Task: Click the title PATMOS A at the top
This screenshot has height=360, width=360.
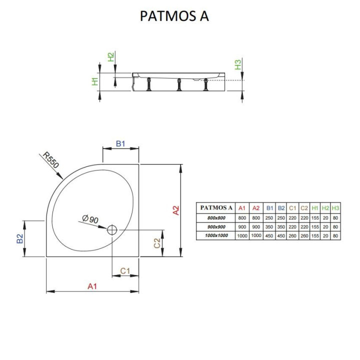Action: tap(174, 16)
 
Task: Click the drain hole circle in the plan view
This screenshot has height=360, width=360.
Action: tap(112, 229)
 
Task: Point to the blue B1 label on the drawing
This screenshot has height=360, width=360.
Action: tap(120, 144)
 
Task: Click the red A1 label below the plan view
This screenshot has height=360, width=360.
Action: tap(92, 286)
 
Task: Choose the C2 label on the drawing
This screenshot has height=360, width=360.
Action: tap(157, 243)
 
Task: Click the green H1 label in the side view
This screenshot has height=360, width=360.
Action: tap(95, 80)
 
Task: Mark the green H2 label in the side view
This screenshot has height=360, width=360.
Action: tap(111, 57)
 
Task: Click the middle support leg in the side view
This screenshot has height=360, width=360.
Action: tap(178, 84)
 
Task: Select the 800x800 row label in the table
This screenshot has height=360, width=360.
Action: tap(216, 217)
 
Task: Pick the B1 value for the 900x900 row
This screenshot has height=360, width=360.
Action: tap(269, 226)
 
